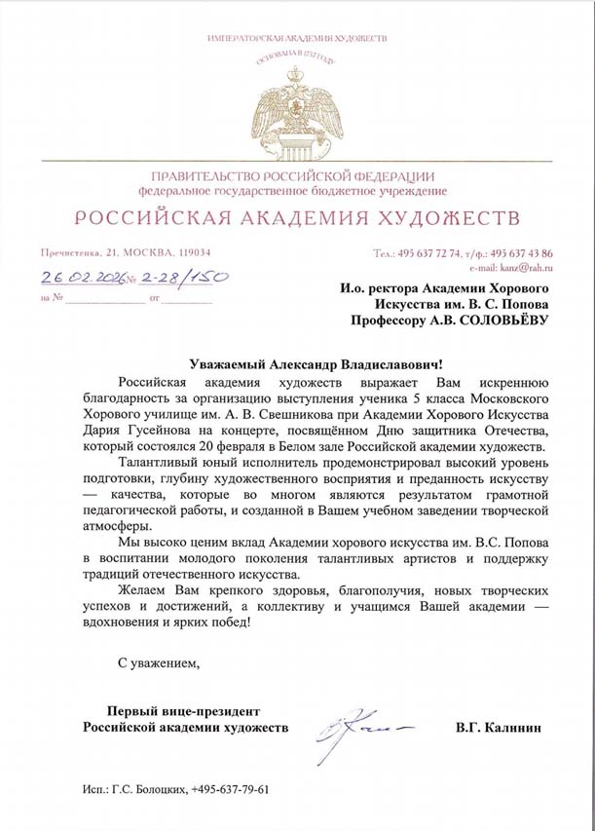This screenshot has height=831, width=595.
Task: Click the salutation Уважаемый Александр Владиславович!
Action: [x=297, y=362]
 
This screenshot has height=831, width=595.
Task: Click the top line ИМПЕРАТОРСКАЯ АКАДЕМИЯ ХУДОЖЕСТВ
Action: [x=297, y=37]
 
